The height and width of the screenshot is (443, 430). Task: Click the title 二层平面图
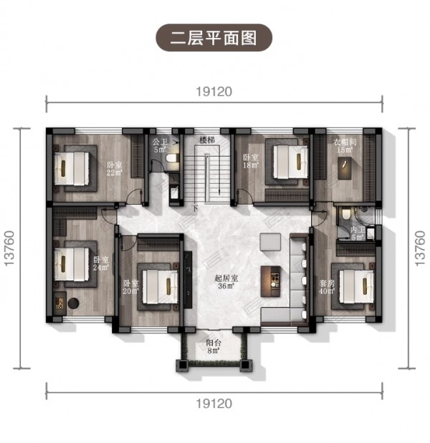click(x=214, y=38)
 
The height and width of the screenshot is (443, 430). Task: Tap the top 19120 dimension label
click(x=214, y=92)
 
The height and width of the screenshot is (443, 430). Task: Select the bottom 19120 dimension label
click(x=214, y=404)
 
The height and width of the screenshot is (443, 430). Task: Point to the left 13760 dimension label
click(x=9, y=248)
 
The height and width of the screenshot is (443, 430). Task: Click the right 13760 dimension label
click(x=420, y=248)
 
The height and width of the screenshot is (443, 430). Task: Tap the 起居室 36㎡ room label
click(x=226, y=282)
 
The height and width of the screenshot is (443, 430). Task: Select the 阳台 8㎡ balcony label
click(x=214, y=346)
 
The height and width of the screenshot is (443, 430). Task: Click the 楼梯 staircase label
click(x=207, y=140)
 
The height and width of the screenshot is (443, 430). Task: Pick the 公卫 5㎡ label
click(x=160, y=145)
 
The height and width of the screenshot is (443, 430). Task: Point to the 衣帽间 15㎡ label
click(x=345, y=146)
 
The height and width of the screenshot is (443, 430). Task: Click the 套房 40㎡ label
click(x=327, y=287)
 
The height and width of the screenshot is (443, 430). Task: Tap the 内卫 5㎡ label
click(x=358, y=233)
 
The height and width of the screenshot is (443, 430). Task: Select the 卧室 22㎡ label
click(x=115, y=168)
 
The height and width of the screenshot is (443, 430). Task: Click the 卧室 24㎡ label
click(x=101, y=263)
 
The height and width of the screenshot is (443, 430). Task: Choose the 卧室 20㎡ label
click(x=130, y=287)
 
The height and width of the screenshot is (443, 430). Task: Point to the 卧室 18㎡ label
click(x=251, y=161)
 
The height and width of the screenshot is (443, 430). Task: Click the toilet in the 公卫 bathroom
click(x=172, y=158)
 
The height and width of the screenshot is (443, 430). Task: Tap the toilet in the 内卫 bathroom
click(x=345, y=213)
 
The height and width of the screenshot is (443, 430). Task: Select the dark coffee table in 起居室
click(x=271, y=281)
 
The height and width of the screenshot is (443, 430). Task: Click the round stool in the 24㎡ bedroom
click(x=73, y=303)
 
